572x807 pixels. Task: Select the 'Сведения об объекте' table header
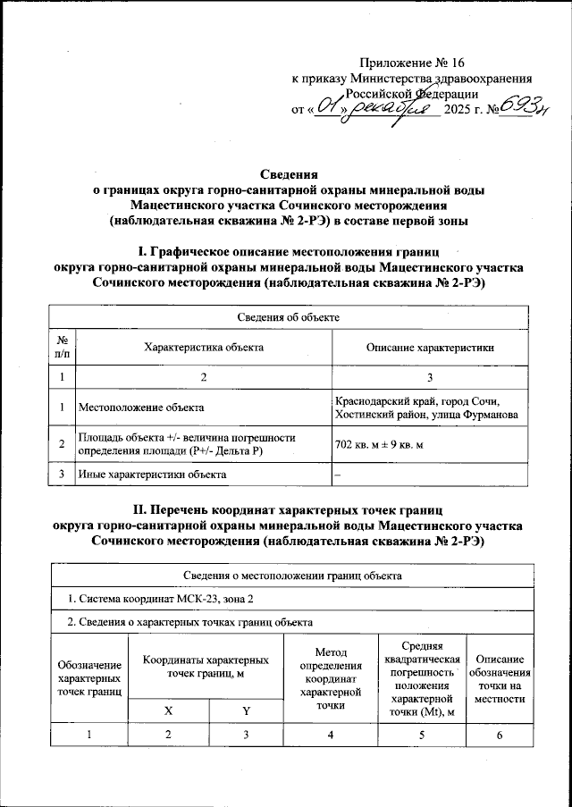[x=286, y=317]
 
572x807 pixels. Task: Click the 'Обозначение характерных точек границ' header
[x=90, y=677]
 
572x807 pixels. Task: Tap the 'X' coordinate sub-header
[x=169, y=710]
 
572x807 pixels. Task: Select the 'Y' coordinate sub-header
[x=246, y=710]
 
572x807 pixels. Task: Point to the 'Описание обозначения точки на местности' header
[x=498, y=677]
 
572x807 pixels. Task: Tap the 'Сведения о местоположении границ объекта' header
[x=287, y=576]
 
